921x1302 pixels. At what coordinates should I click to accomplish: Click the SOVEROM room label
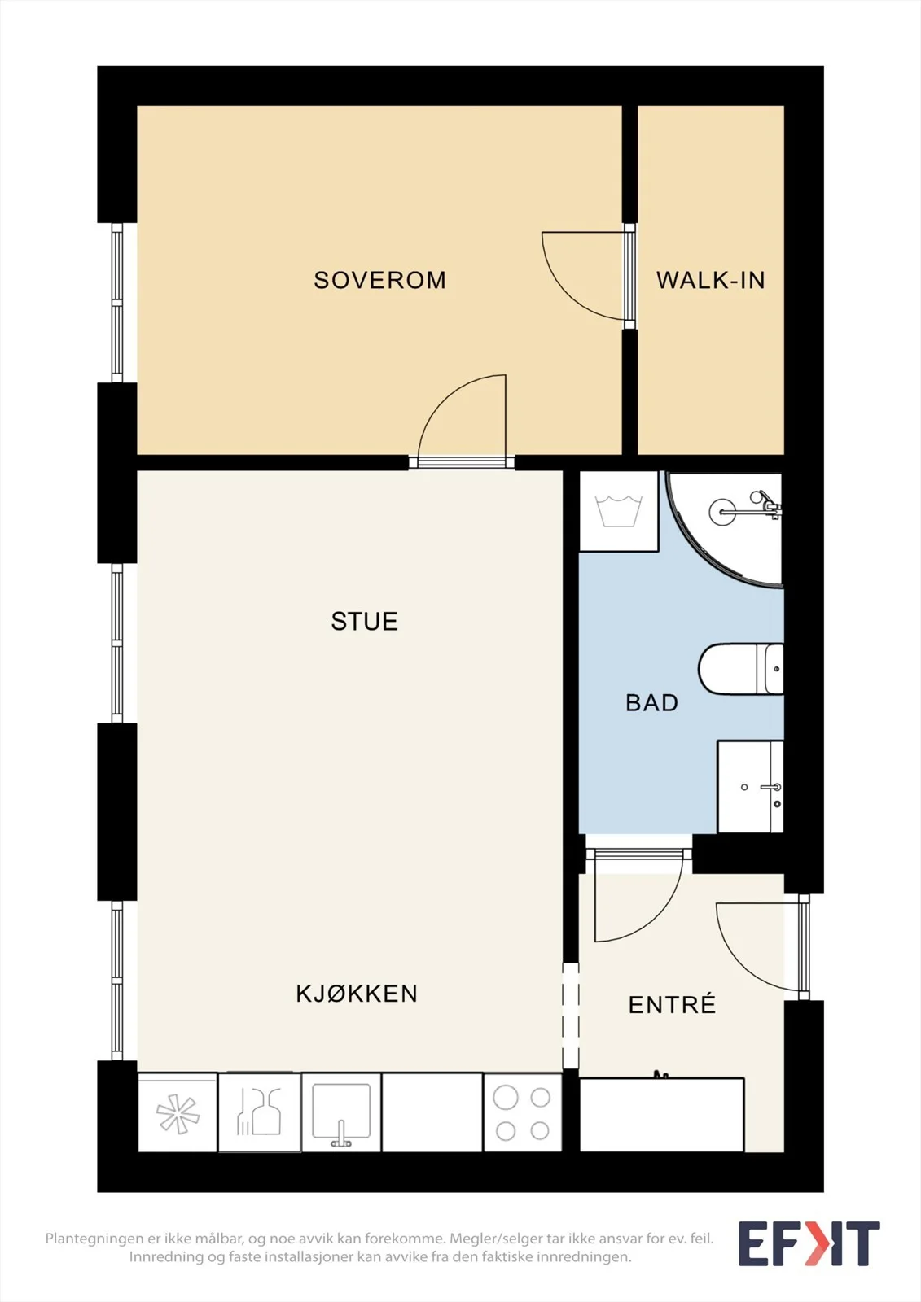[x=380, y=280]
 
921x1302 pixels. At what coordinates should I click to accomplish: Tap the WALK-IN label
[x=710, y=280]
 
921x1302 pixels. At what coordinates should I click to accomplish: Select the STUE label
[x=364, y=622]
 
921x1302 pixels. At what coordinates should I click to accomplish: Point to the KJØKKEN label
[x=357, y=994]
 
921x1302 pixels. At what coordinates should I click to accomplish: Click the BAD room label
[x=651, y=703]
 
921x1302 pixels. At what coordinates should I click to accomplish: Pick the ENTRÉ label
[x=672, y=1004]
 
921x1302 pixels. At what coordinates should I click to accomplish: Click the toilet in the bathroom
[x=741, y=668]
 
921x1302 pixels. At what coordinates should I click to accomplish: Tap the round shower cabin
[x=725, y=529]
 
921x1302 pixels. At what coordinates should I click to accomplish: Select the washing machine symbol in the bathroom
[x=619, y=512]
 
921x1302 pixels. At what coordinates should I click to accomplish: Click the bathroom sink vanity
[x=751, y=786]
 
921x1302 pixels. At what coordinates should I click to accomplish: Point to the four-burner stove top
[x=523, y=1112]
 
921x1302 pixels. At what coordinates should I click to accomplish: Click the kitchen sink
[x=341, y=1112]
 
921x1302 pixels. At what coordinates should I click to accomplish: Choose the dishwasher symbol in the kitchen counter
[x=259, y=1112]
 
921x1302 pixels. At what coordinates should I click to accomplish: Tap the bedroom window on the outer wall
[x=117, y=302]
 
